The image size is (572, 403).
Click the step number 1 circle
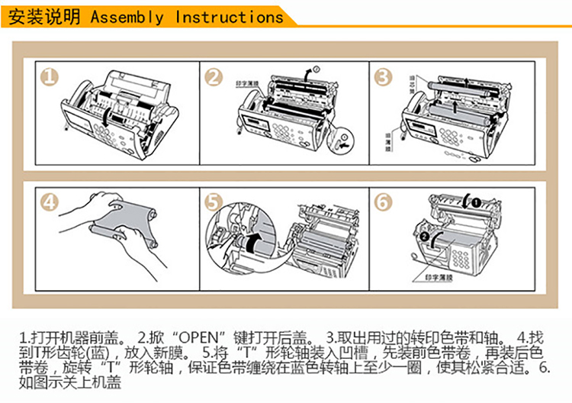[x=50, y=77]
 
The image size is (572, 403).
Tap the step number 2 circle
[x=214, y=76]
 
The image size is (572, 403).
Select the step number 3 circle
[x=383, y=76]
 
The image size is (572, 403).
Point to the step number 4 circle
[x=50, y=202]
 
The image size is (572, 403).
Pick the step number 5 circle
[x=214, y=202]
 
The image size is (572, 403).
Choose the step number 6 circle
[x=383, y=202]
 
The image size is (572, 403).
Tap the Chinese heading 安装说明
[x=43, y=17]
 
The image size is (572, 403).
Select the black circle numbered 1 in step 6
[x=473, y=202]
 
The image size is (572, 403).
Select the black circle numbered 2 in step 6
[x=424, y=237]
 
